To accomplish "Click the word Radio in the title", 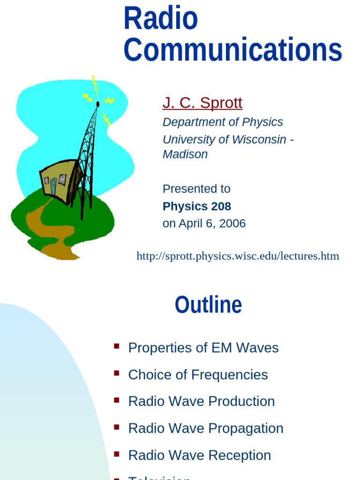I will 161,18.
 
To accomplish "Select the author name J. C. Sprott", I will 202,102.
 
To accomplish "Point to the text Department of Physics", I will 223,122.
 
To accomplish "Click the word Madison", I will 185,154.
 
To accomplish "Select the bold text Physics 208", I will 196,206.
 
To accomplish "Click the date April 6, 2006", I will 212,224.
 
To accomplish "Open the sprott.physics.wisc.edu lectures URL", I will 238,256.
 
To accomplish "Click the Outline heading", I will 208,305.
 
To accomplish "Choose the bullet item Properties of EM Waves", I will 203,348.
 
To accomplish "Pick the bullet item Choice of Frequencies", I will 198,375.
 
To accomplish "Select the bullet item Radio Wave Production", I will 201,401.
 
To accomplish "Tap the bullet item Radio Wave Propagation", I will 205,428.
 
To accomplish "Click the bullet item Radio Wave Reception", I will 199,455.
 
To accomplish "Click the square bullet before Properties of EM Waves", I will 117,346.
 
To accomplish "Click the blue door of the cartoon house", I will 53,186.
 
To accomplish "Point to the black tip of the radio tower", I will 97,104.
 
